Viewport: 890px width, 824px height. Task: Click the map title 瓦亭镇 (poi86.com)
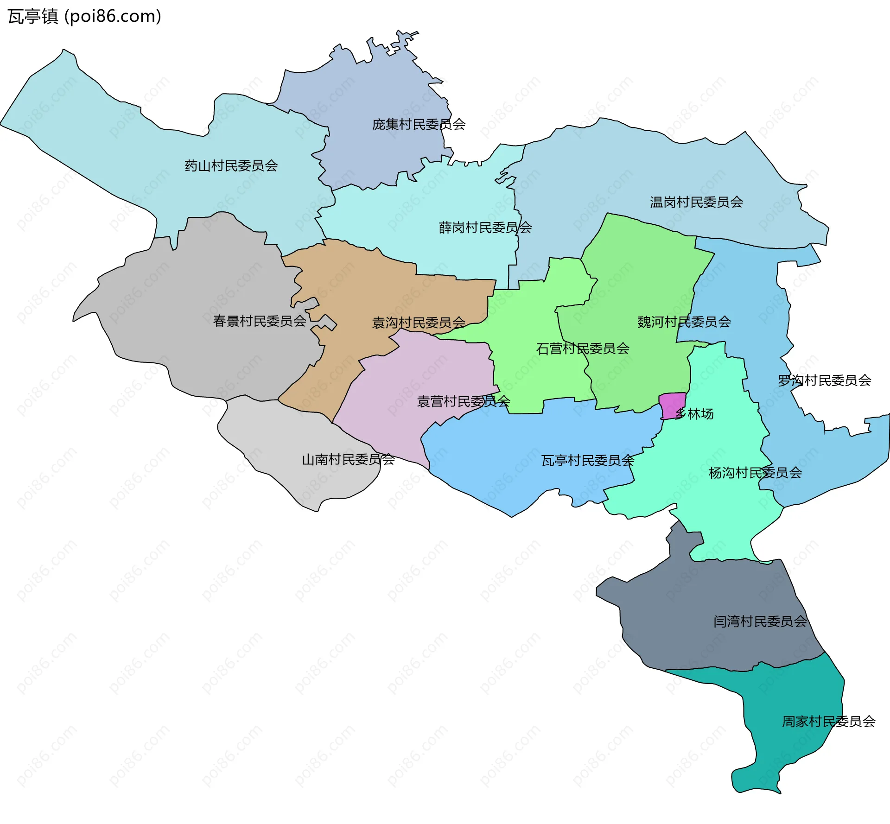[84, 17]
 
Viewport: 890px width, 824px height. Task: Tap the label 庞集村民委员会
[419, 124]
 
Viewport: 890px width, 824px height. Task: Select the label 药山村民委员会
[231, 165]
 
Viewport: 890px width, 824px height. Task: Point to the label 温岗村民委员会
[696, 202]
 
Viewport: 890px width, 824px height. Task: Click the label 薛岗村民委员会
[485, 228]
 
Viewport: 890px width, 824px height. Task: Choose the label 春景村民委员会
[260, 321]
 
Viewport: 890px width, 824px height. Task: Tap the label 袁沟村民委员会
[419, 323]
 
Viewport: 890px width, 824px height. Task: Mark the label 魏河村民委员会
[684, 322]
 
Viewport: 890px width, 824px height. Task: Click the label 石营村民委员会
[583, 349]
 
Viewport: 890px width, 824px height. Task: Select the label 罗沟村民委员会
[824, 380]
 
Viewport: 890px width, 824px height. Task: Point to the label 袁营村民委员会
[463, 401]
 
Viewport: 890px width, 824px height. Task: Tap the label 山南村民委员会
[348, 459]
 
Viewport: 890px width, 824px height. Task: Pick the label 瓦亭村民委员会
[587, 461]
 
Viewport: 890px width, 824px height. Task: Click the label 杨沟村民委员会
[755, 473]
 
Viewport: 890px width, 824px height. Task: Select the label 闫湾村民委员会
[760, 621]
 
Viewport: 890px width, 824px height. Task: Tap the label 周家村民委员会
[828, 722]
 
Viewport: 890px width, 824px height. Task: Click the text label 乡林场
[695, 414]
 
